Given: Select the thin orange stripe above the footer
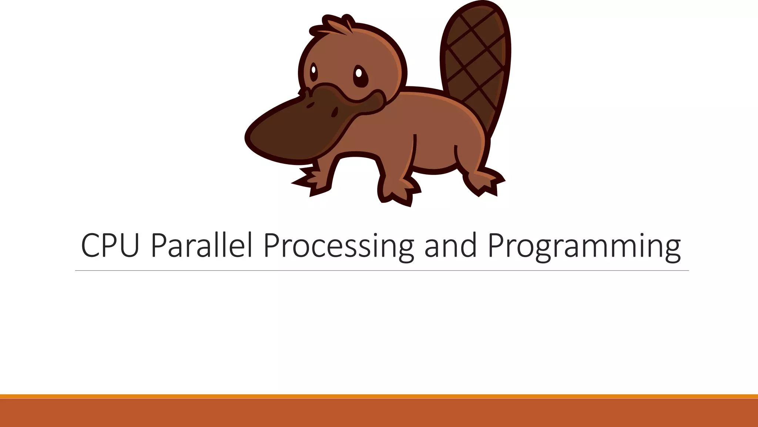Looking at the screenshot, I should coord(379,396).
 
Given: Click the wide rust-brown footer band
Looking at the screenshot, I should coord(379,413).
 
